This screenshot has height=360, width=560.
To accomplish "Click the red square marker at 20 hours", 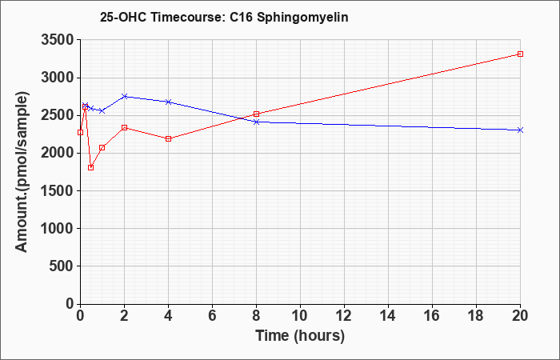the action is pyautogui.click(x=520, y=54).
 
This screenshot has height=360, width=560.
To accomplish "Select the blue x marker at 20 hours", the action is pyautogui.click(x=520, y=130).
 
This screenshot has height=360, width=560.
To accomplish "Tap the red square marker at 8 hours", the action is pyautogui.click(x=256, y=114).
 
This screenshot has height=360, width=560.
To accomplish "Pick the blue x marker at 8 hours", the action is pyautogui.click(x=256, y=122).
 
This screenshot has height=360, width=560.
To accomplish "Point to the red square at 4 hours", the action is pyautogui.click(x=169, y=138).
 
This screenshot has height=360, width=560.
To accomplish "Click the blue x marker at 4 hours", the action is pyautogui.click(x=169, y=102).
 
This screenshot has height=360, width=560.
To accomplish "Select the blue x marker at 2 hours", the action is pyautogui.click(x=125, y=97).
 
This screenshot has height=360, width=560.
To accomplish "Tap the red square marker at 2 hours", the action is pyautogui.click(x=125, y=127).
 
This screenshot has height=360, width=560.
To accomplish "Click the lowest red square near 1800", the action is pyautogui.click(x=90, y=167).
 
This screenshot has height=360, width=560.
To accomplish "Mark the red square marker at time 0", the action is pyautogui.click(x=80, y=133).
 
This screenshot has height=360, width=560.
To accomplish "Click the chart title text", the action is pyautogui.click(x=224, y=17).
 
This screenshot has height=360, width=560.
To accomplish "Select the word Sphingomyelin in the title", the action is pyautogui.click(x=302, y=18).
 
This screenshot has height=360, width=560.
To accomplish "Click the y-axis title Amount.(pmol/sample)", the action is pyautogui.click(x=22, y=172).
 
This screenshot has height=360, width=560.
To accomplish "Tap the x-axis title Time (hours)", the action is pyautogui.click(x=300, y=336).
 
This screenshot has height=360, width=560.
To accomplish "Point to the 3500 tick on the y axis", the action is pyautogui.click(x=57, y=40).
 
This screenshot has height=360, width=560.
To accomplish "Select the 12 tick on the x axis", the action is pyautogui.click(x=344, y=316).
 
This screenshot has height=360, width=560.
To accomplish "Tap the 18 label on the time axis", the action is pyautogui.click(x=477, y=316).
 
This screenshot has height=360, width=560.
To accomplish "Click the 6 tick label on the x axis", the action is pyautogui.click(x=213, y=316).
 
